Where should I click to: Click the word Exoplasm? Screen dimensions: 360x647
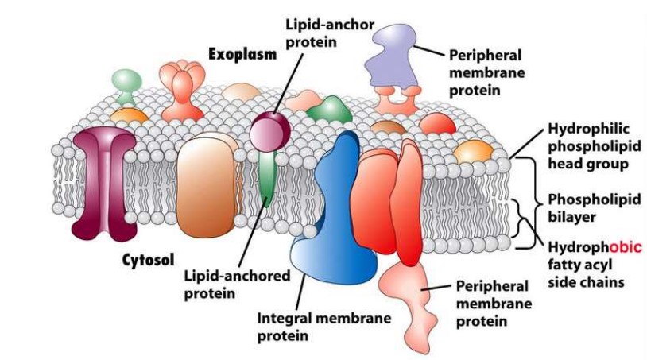point(242,55)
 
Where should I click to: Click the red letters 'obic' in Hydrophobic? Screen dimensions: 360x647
point(623,247)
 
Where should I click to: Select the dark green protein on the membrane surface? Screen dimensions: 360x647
point(330,110)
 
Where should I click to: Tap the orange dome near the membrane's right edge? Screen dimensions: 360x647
point(473,151)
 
